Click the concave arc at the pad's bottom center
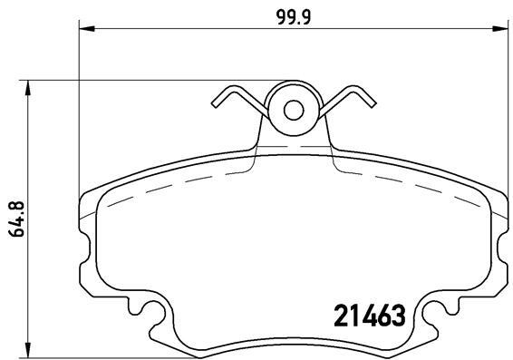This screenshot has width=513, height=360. click(x=294, y=339)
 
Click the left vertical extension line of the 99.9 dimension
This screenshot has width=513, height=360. click(x=81, y=109)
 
